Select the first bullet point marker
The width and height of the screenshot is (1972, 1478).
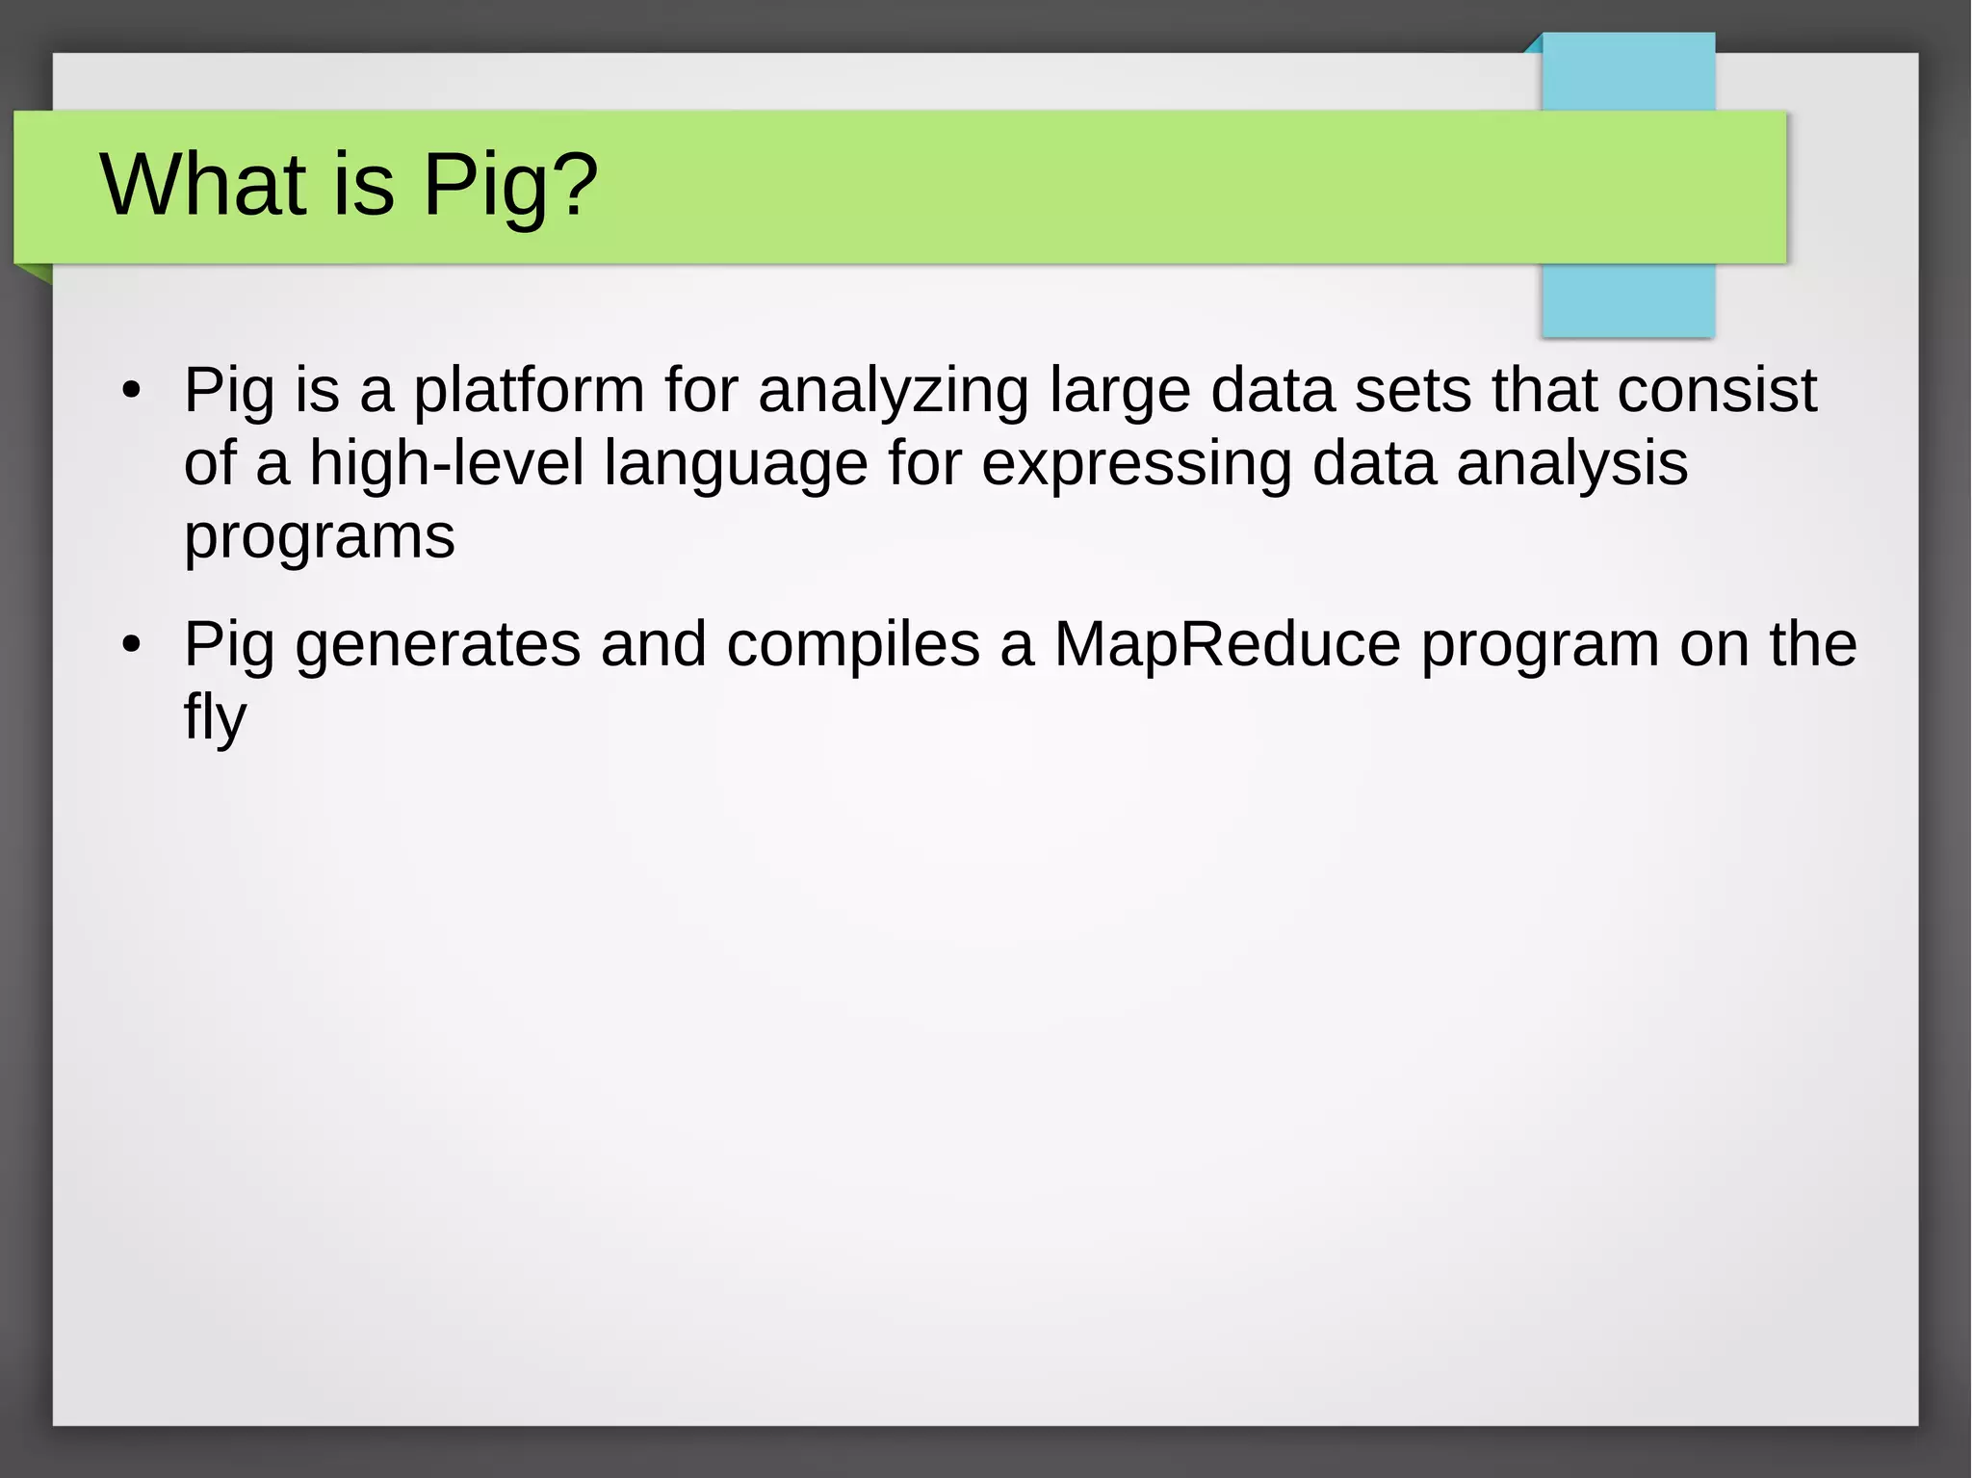[x=132, y=391]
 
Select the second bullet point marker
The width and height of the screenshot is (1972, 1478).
[x=132, y=644]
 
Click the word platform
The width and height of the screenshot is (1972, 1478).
[x=529, y=392]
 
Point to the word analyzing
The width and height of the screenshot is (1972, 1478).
[x=893, y=392]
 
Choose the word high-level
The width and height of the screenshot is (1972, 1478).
[x=446, y=463]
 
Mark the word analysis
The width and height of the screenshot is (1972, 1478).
[x=1571, y=464]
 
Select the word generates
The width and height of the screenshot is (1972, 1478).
[x=437, y=645]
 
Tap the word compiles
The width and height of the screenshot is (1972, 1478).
[x=852, y=645]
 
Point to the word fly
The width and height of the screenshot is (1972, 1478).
[x=215, y=717]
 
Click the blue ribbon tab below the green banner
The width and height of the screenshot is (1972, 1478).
[x=1627, y=300]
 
